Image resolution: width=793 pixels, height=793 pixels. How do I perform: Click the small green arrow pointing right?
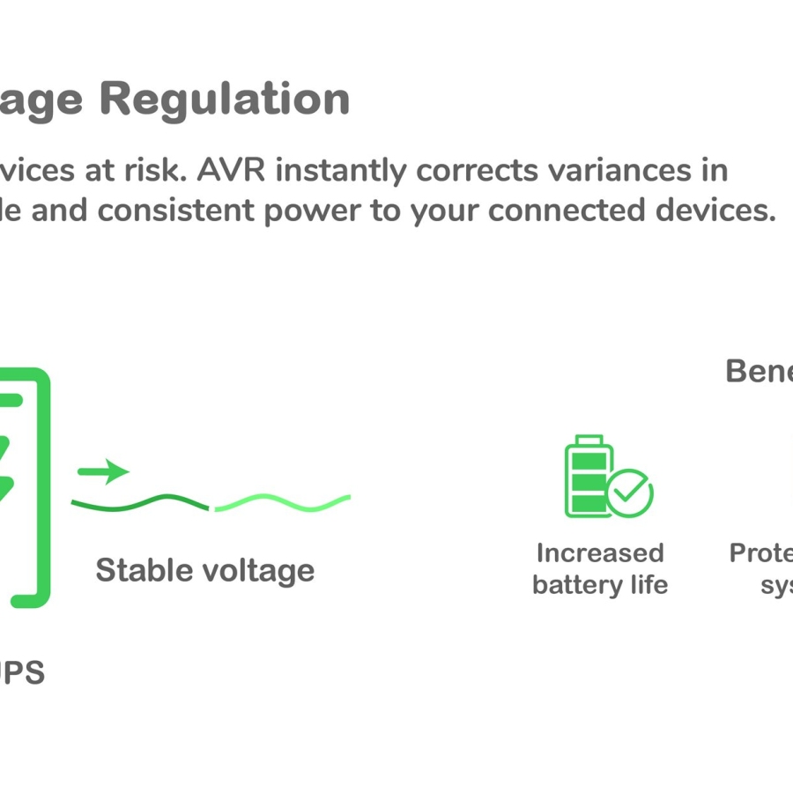click(x=103, y=471)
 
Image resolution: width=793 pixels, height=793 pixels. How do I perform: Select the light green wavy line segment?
click(x=282, y=504)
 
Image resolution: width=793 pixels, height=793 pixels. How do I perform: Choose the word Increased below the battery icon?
click(x=600, y=553)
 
